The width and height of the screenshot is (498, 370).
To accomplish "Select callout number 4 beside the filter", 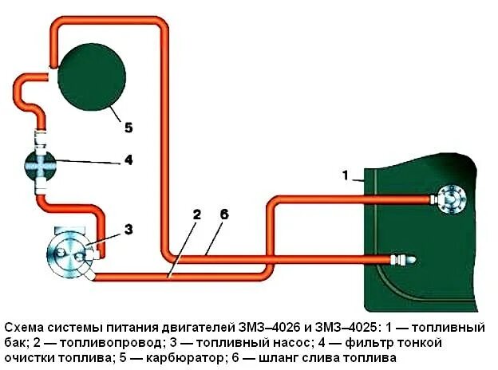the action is click(127, 160).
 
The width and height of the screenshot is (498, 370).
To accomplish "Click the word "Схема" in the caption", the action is click(25, 328).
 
